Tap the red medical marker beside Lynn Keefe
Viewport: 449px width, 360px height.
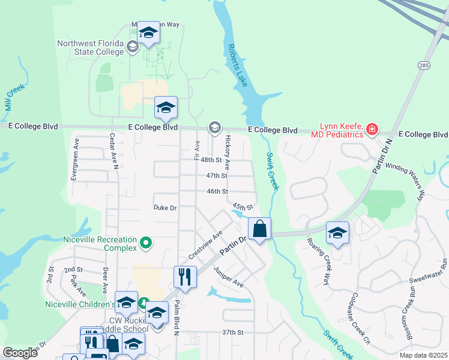coord(372,129)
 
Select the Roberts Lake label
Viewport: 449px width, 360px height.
coord(237,65)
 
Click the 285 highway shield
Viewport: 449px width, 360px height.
coord(424,64)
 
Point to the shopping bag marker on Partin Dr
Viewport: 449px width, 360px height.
coord(259,229)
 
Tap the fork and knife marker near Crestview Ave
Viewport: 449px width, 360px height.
coord(184,277)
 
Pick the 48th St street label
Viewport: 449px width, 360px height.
coord(211,160)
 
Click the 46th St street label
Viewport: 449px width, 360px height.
coord(217,191)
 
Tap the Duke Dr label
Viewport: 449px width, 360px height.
coord(164,208)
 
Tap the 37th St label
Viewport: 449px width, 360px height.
coord(232,332)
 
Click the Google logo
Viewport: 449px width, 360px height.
coord(20,353)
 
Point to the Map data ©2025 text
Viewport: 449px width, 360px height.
coord(424,355)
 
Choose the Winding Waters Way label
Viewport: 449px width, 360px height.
coord(405,180)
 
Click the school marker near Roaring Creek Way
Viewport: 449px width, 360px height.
coord(338,233)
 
